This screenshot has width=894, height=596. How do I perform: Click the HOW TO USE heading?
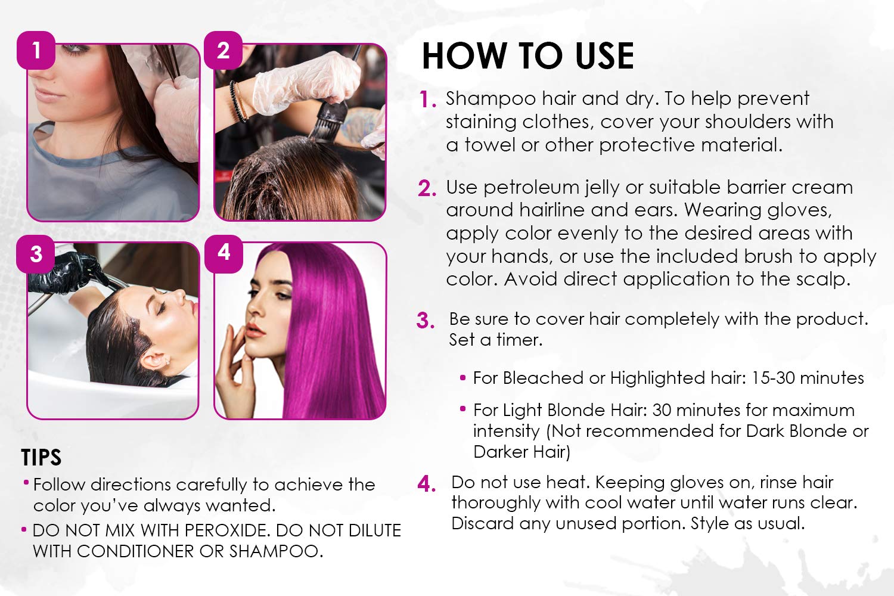(x=527, y=57)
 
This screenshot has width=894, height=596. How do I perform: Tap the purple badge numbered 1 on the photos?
(x=36, y=50)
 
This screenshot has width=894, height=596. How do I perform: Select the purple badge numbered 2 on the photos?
(x=223, y=50)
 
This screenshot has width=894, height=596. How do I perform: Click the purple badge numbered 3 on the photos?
(x=36, y=254)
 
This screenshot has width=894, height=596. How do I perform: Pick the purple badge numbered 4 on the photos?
(x=223, y=253)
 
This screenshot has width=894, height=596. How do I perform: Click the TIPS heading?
(x=41, y=458)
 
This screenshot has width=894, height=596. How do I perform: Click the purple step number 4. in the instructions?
(x=427, y=484)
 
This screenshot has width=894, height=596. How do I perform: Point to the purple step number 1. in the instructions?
(x=428, y=100)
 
